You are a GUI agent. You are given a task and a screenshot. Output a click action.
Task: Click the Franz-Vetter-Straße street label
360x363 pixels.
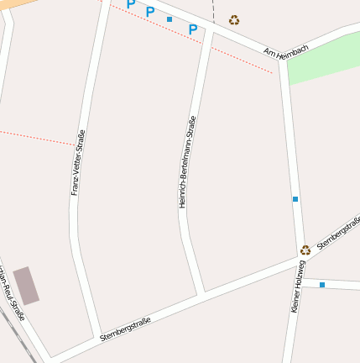78,163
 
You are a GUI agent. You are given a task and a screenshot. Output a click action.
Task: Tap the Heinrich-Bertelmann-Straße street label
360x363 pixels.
188,161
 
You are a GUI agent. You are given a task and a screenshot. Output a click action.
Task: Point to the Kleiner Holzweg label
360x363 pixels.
298,287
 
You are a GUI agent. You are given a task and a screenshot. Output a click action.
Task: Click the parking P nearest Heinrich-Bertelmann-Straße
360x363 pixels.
192,29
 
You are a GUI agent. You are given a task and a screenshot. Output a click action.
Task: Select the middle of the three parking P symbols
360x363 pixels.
150,12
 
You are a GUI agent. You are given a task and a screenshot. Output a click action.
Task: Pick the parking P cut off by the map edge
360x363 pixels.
130,4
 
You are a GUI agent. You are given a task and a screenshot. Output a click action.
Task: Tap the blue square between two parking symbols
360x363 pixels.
170,18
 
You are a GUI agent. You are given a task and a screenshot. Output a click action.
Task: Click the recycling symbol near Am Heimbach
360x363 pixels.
234,20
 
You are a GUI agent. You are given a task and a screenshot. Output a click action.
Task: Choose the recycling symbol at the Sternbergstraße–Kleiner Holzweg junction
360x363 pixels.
305,250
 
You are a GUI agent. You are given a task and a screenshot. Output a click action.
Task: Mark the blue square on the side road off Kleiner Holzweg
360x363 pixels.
321,285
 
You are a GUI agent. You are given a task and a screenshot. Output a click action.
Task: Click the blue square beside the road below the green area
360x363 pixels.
295,199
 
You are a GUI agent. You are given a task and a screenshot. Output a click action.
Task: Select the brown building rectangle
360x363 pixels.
26,286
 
